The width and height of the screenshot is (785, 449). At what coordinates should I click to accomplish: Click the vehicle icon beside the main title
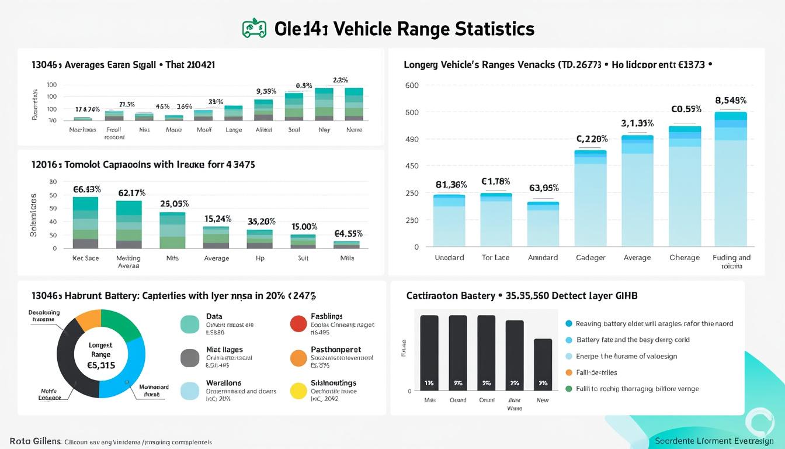coord(254,29)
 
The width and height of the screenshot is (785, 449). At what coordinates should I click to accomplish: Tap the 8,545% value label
coord(731,101)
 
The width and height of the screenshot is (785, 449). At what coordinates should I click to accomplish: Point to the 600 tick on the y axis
coord(412,85)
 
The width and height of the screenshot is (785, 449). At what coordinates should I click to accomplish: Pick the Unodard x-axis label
coord(449,258)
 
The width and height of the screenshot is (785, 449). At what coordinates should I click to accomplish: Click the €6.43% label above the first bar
coord(87,189)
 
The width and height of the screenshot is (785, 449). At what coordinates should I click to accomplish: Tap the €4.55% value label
coord(349,233)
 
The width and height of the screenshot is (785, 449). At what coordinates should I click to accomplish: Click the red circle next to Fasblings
coord(298,323)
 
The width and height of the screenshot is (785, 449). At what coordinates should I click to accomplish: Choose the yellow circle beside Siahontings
coord(298,391)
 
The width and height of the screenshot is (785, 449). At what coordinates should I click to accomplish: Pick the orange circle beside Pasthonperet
coord(298,357)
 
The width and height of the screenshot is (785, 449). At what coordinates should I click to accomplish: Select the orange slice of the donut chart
coord(89,320)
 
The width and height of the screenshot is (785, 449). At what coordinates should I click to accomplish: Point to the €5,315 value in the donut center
coord(101,365)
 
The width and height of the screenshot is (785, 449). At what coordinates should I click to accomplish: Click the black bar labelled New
coord(543,365)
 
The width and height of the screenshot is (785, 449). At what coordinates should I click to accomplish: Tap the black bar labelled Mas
coord(429,354)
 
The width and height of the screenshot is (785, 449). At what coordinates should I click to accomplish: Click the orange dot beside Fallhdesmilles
coord(569,372)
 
